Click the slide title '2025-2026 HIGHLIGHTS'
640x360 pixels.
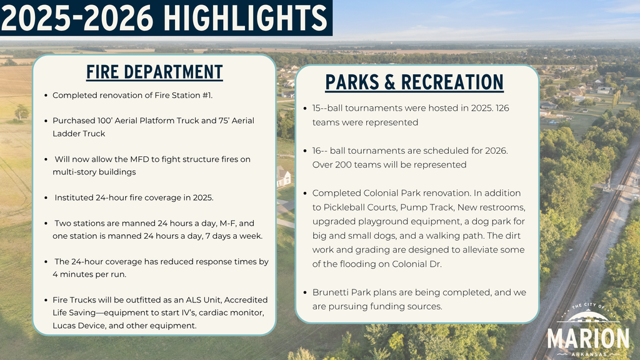tap(164, 18)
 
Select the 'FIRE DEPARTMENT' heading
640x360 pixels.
tap(154, 72)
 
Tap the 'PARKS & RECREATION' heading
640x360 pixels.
tap(414, 82)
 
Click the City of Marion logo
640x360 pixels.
tap(588, 331)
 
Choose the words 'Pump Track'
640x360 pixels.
tap(424, 207)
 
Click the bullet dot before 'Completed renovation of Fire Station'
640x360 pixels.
tap(46, 96)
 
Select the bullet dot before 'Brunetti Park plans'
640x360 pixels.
tap(304, 292)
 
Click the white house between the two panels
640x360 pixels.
tap(283, 177)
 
